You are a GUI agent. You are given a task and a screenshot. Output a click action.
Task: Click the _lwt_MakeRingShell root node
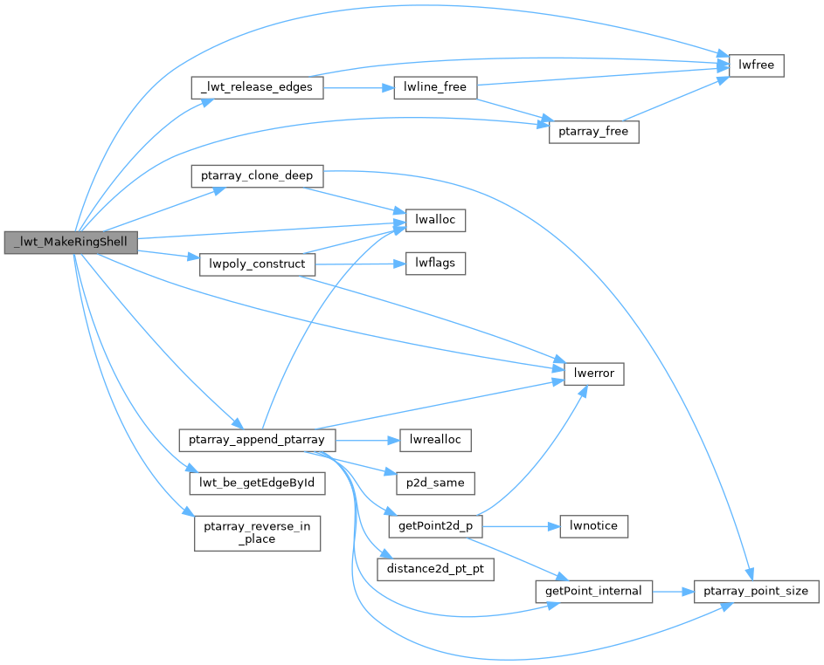point(71,242)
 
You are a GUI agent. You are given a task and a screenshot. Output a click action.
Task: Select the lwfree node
point(757,65)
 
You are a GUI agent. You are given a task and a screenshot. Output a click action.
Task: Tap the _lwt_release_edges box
point(257,87)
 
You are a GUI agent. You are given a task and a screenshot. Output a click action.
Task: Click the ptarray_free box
point(593,133)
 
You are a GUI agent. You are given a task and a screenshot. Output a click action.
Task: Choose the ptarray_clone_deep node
point(257,175)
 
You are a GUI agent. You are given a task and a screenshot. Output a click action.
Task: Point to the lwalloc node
point(435,221)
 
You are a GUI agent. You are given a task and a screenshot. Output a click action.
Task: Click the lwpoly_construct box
point(257,264)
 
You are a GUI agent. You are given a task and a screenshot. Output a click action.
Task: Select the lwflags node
point(435,264)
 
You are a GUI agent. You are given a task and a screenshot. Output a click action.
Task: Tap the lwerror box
point(593,374)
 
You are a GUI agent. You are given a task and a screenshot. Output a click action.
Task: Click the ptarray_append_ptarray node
point(257,439)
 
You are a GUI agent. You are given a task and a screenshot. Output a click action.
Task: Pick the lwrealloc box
point(435,439)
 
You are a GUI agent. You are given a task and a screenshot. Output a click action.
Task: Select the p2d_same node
point(435,483)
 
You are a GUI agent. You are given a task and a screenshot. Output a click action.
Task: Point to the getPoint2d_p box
point(435,526)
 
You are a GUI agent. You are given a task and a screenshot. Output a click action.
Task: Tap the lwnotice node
point(593,526)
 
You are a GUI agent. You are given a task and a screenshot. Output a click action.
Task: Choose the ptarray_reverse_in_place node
point(257,532)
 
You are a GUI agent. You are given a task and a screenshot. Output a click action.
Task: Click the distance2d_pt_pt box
point(435,570)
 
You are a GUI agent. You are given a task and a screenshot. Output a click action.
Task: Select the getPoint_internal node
point(593,592)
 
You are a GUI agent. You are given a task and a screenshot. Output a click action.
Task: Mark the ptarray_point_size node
point(757,592)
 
